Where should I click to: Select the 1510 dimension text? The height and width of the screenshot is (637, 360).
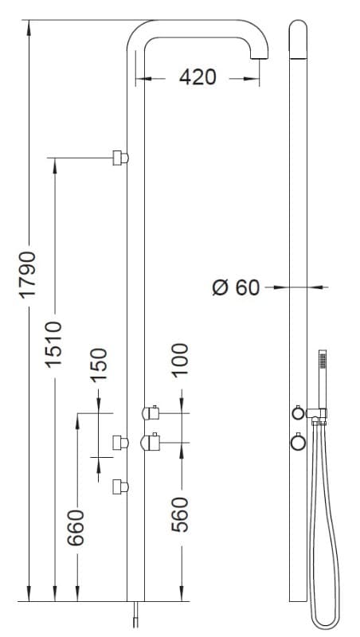[x=54, y=345]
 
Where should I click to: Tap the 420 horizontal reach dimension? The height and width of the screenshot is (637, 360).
[x=198, y=77]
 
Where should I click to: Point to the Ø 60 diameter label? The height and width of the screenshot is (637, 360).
[x=236, y=287]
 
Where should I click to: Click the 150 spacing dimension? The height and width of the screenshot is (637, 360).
[x=99, y=365]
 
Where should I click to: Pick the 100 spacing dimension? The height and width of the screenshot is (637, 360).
[x=180, y=361]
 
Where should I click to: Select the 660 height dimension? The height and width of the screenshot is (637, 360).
[x=76, y=527]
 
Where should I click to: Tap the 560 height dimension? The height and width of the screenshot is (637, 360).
[x=180, y=514]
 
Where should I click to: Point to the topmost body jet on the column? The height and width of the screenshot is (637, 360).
[x=120, y=158]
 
